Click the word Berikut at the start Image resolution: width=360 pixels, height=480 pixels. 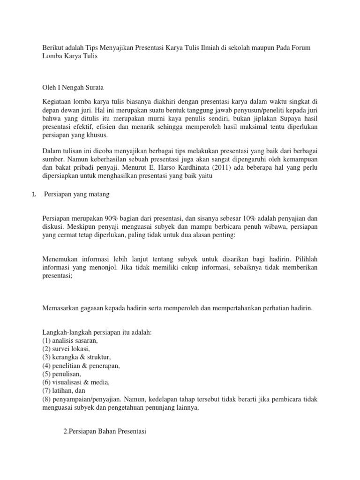[53, 49]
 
